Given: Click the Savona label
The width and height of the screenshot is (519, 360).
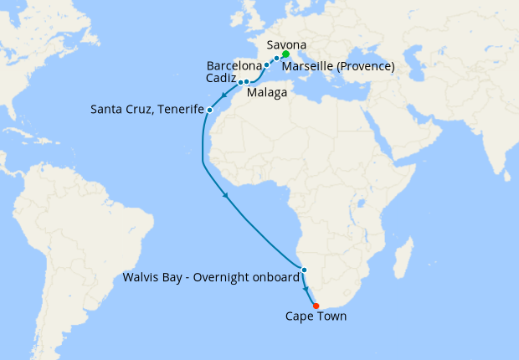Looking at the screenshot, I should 285,44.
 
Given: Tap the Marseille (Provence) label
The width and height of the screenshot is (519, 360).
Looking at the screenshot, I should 337,66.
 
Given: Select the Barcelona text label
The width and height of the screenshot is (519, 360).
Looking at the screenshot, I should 234,64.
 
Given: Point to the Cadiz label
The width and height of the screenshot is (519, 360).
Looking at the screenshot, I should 220,78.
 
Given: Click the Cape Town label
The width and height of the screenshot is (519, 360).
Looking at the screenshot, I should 316,316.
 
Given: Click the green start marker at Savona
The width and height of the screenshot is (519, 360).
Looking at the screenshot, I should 286,54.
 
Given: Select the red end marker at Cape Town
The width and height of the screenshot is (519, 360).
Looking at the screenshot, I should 316,306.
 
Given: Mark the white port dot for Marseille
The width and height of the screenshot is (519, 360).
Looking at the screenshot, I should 276,59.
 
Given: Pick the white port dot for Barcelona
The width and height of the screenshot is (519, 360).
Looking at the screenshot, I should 266,64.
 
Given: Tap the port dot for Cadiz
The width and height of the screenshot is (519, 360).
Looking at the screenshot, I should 240,82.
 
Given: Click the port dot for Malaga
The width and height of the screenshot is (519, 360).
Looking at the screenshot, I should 247,82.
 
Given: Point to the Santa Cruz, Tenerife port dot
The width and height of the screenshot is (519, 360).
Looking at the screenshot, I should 209,110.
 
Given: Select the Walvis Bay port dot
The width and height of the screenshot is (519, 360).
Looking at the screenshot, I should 304,270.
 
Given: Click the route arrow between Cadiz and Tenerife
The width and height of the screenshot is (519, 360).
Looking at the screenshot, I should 224,95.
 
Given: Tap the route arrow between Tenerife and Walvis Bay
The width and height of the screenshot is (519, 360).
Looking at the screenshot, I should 225,197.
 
